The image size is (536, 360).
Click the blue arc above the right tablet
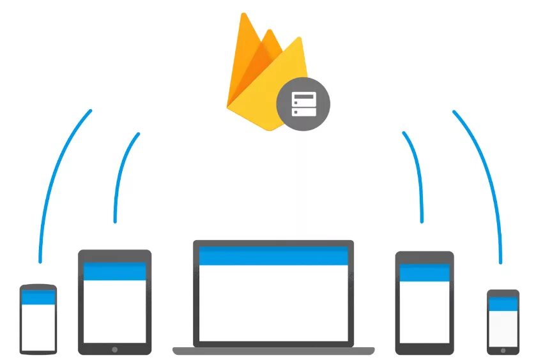point(416,172)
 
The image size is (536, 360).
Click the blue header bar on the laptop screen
point(273,255)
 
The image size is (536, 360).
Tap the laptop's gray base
point(273,350)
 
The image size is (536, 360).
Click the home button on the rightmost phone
point(503,349)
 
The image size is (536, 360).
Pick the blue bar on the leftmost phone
point(38,297)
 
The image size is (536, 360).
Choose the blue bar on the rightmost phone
point(503,303)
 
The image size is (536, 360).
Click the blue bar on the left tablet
point(115,271)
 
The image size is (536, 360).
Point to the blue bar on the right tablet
point(424,273)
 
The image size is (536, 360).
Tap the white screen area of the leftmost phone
point(38,326)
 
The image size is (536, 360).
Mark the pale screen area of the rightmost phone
point(503,327)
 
